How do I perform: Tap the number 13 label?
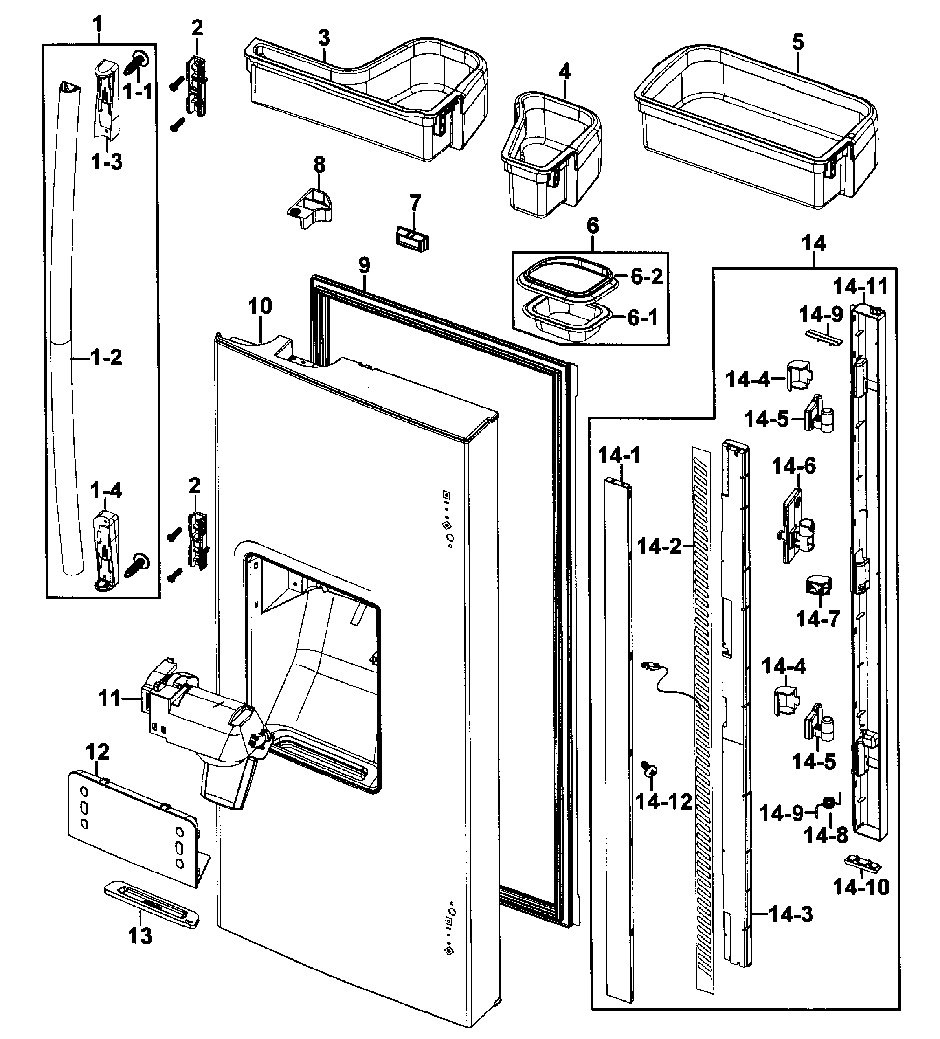pos(140,935)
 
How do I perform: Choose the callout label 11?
pos(109,698)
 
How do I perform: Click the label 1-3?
pos(106,162)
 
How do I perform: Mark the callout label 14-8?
pos(826,836)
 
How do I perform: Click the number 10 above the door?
pos(260,306)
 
